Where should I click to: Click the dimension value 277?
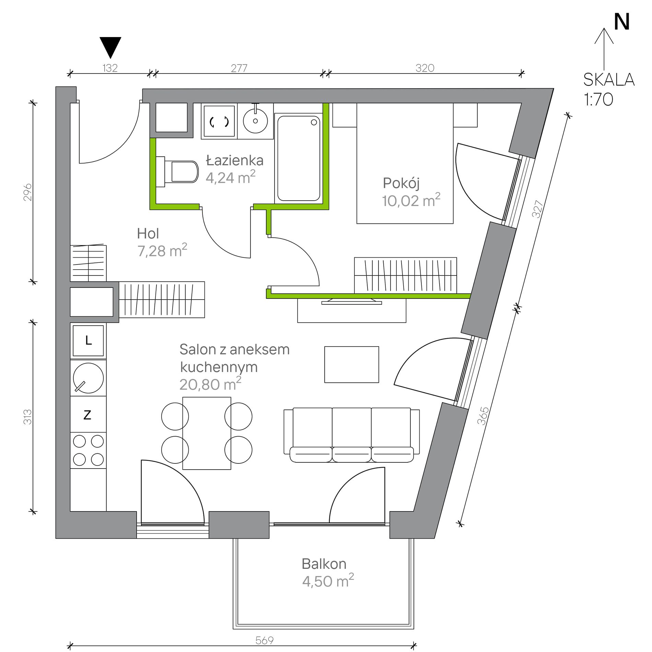pyautogui.click(x=239, y=68)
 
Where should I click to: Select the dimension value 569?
pyautogui.click(x=265, y=640)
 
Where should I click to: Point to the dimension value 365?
pyautogui.click(x=483, y=416)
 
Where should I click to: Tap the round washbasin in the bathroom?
pyautogui.click(x=255, y=121)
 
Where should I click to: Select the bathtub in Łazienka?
pyautogui.click(x=299, y=158)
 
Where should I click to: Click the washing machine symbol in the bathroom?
pyautogui.click(x=219, y=121)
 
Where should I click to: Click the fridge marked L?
pyautogui.click(x=88, y=340)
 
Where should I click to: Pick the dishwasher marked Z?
pyautogui.click(x=88, y=414)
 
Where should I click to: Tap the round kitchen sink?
pyautogui.click(x=88, y=378)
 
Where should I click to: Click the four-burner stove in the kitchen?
pyautogui.click(x=88, y=450)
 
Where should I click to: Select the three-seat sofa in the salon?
pyautogui.click(x=352, y=435)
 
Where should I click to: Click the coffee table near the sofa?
pyautogui.click(x=352, y=364)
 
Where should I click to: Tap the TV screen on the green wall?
pyautogui.click(x=352, y=302)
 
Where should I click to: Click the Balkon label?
pyautogui.click(x=324, y=564)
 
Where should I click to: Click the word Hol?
pyautogui.click(x=148, y=234)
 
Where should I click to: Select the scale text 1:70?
pyautogui.click(x=598, y=99)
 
